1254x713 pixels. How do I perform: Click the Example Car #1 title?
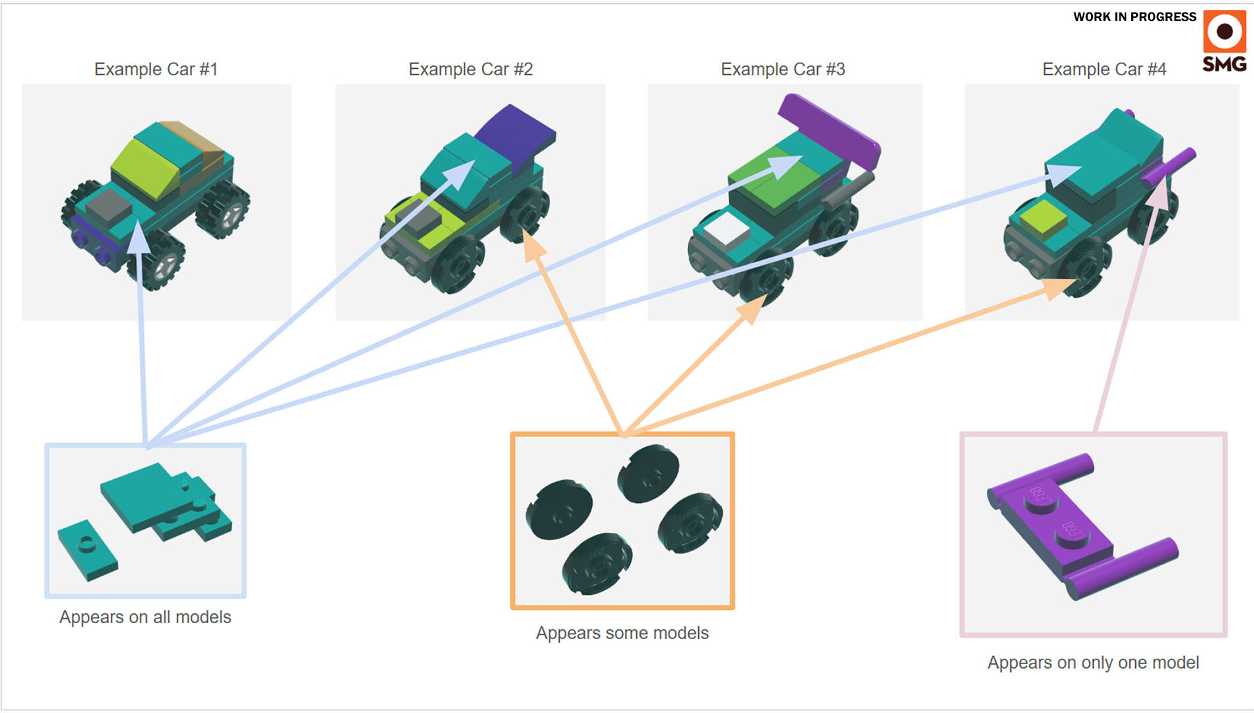[156, 69]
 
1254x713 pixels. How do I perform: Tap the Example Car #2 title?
[471, 69]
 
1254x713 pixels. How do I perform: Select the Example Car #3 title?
[783, 69]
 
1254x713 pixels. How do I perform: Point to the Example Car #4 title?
[1104, 69]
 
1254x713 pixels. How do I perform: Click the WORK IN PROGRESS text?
[1135, 17]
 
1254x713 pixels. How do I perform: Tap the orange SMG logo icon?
[1224, 31]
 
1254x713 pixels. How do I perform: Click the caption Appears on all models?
[145, 617]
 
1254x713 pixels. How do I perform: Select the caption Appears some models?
[622, 633]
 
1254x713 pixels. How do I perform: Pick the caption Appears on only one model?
[1093, 663]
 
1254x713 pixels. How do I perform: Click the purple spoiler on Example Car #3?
[828, 129]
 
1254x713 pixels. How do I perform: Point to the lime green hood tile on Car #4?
[1043, 218]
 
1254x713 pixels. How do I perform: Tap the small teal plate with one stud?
[87, 549]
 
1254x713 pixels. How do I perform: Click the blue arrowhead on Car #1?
[138, 238]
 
